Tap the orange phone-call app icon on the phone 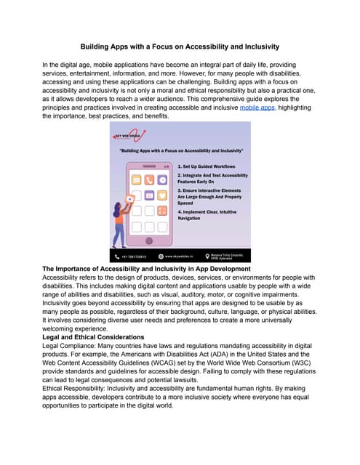coord(150,179)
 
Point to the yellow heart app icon coord(150,195)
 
